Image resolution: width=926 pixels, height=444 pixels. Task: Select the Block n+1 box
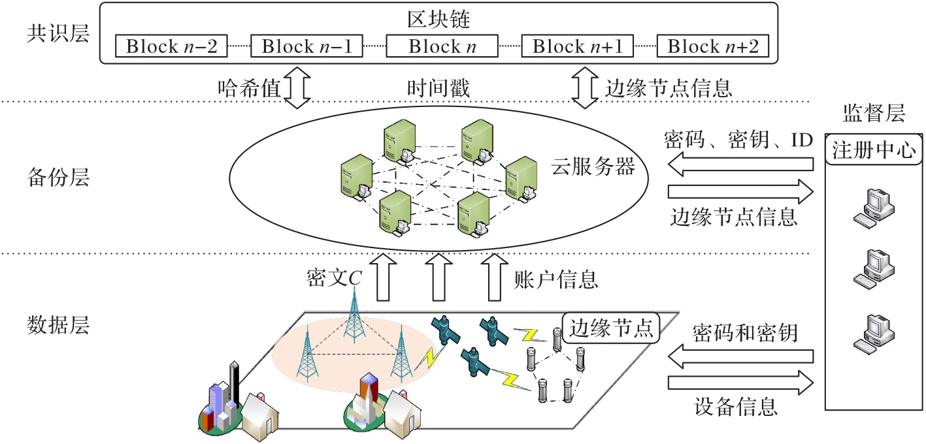(578, 47)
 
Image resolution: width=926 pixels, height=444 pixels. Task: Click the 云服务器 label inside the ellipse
(593, 167)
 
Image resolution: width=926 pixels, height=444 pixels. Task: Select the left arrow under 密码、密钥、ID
(741, 166)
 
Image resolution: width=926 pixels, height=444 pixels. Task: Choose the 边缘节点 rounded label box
(611, 328)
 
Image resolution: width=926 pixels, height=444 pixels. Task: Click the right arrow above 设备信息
(741, 384)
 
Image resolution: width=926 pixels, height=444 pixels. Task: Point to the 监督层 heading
(875, 115)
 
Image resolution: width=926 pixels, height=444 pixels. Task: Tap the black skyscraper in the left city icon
(233, 385)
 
